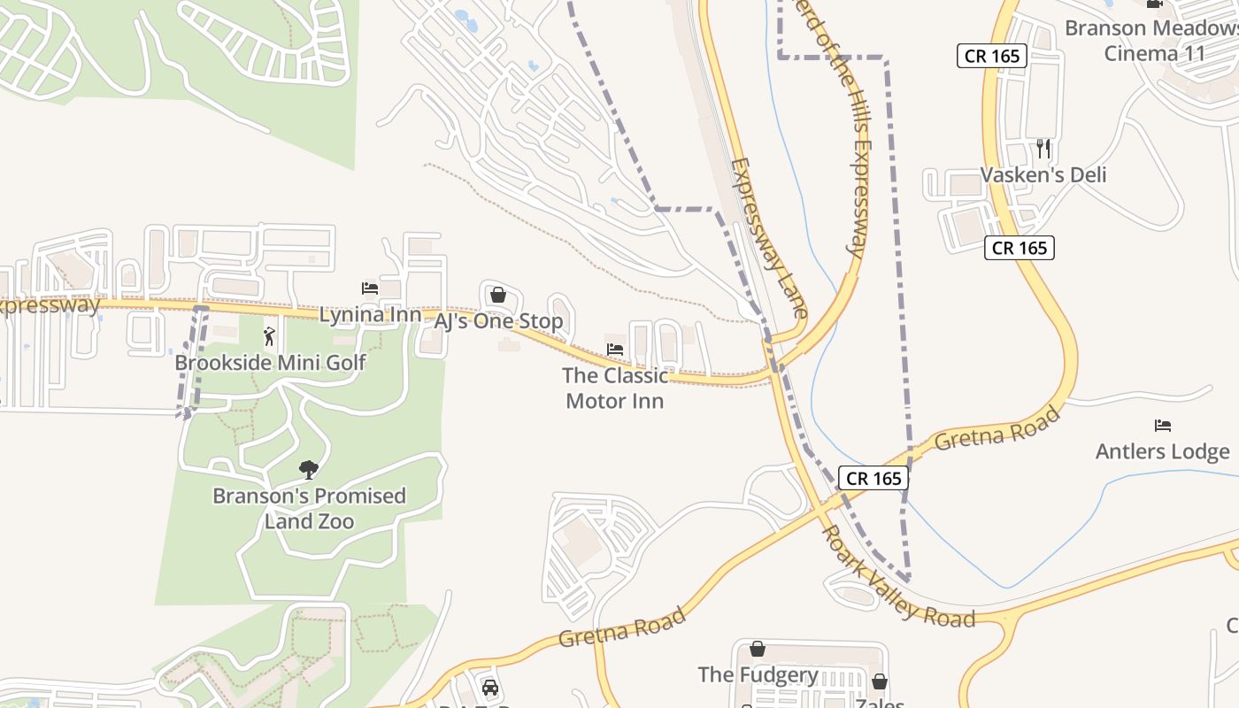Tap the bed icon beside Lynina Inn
tap(370, 289)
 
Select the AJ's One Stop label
tap(498, 320)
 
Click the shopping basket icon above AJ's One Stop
tap(498, 295)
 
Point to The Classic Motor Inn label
tap(615, 388)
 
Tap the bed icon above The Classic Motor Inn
tap(615, 350)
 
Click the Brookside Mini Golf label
tap(270, 362)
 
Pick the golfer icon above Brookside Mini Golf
tap(270, 336)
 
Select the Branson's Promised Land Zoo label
tap(309, 508)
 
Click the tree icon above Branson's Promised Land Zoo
tap(309, 469)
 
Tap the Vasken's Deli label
tap(1043, 174)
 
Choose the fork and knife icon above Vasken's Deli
tap(1043, 148)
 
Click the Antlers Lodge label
tap(1163, 451)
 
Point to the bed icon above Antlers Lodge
tap(1163, 426)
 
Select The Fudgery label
tap(758, 674)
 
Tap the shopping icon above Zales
tap(880, 681)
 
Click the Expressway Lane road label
tap(770, 237)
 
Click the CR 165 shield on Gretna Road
tap(873, 479)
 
